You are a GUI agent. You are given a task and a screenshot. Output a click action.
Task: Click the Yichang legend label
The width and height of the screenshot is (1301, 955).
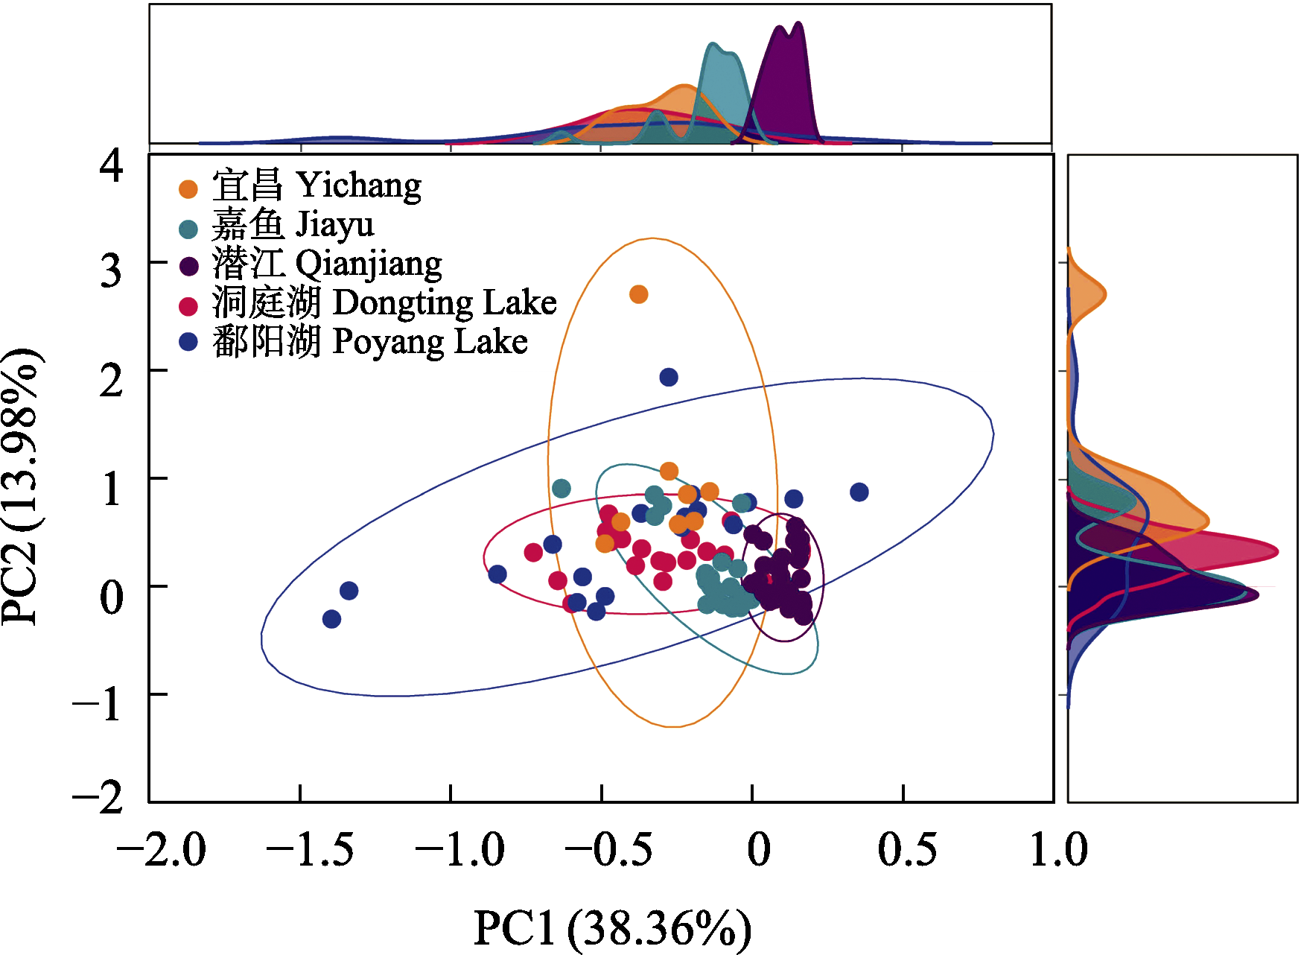click(x=316, y=185)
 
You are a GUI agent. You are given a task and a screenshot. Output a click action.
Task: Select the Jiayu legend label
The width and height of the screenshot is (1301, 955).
click(x=293, y=224)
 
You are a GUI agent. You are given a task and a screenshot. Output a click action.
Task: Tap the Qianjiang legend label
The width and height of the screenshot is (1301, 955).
click(x=327, y=264)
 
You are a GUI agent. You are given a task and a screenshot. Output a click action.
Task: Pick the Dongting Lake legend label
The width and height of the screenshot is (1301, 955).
click(x=384, y=302)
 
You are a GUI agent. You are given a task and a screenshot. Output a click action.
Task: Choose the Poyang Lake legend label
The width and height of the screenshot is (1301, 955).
click(x=370, y=342)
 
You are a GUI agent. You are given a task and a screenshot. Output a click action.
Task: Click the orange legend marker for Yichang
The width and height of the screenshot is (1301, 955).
click(x=188, y=189)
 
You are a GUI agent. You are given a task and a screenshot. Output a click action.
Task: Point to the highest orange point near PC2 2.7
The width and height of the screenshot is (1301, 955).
click(x=638, y=294)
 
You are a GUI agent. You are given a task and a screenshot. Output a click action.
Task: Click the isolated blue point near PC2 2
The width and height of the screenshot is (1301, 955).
click(x=669, y=377)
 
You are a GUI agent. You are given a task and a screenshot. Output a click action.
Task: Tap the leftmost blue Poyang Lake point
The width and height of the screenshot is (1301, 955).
click(x=332, y=619)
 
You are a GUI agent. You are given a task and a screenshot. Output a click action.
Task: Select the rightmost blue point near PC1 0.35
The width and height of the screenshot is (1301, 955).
click(x=859, y=492)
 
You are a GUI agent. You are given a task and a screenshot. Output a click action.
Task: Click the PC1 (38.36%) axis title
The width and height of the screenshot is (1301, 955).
click(x=612, y=928)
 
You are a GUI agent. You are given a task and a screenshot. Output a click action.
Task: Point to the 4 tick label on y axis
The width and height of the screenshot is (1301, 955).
click(x=112, y=165)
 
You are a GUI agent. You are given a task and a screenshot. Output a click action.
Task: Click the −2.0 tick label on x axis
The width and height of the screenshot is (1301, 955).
click(x=162, y=849)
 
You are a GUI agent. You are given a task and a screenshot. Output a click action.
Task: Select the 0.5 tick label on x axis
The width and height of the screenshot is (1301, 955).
click(x=907, y=849)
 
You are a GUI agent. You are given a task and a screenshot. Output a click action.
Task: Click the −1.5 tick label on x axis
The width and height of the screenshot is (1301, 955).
click(x=310, y=849)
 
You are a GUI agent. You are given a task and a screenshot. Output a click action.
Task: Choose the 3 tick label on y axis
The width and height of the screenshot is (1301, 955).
click(x=112, y=271)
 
